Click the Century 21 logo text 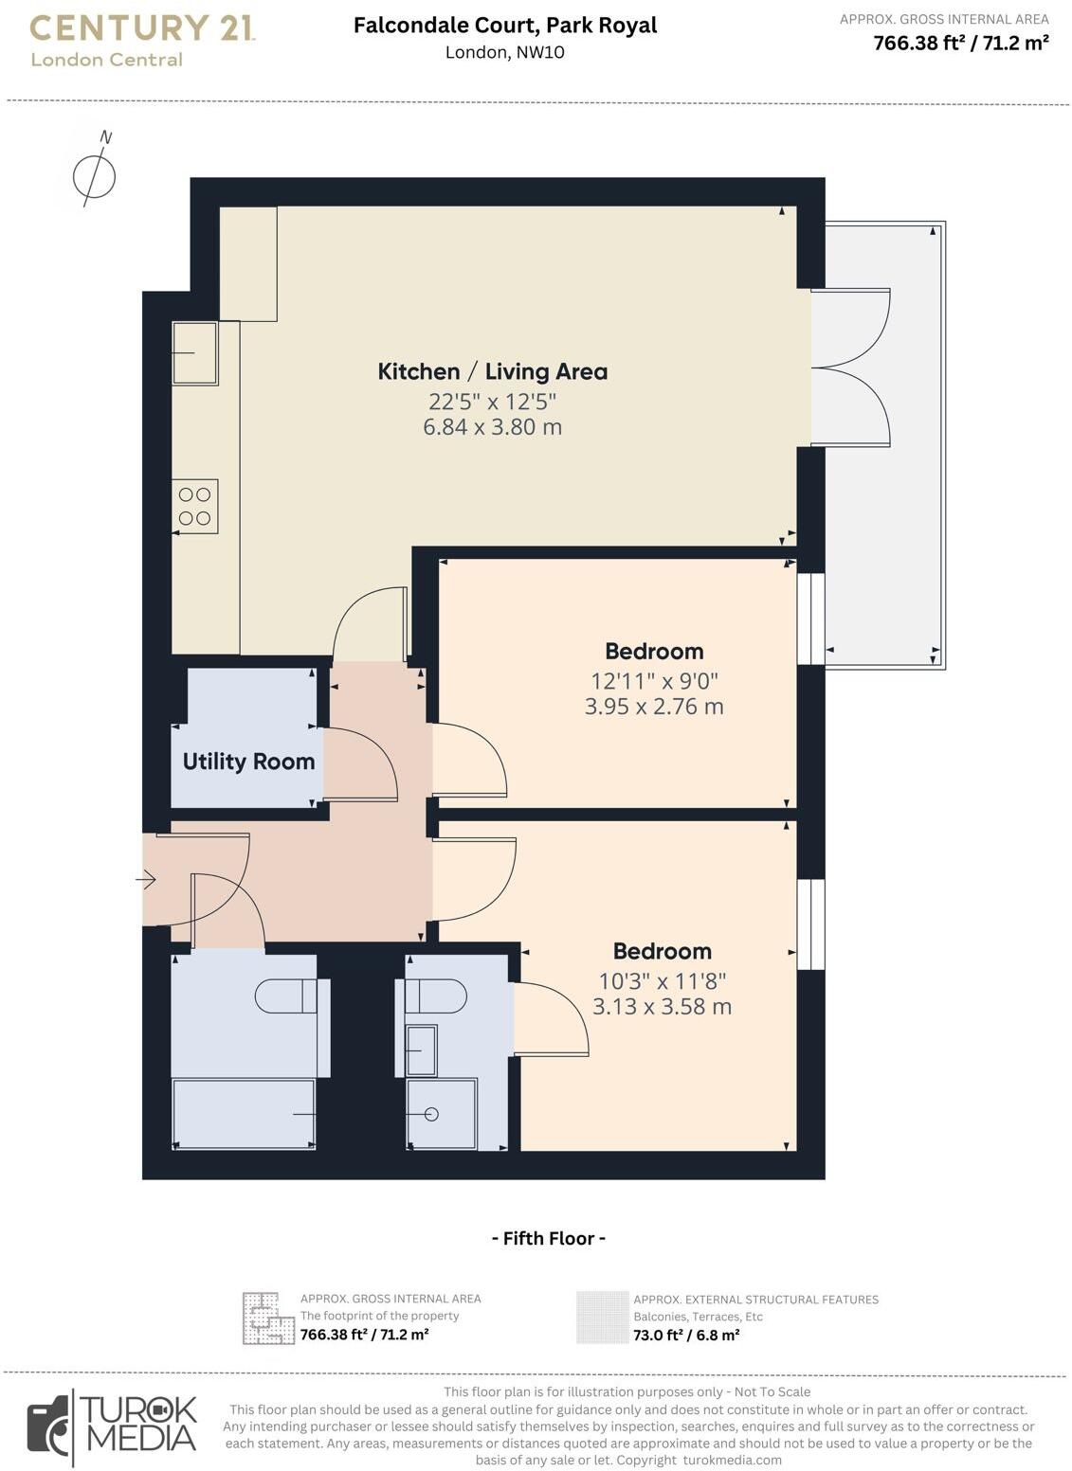pos(141,29)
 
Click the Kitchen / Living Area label pos(492,371)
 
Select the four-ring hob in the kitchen pos(195,506)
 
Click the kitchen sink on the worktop pos(195,352)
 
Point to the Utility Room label pos(248,762)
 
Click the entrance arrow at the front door pos(146,880)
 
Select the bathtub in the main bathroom pos(244,1114)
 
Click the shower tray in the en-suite pos(442,1114)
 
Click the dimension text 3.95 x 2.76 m pos(654,707)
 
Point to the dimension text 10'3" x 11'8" pos(662,980)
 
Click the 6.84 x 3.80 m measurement pos(492,427)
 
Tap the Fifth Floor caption pos(548,1238)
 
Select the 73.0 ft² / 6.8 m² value pos(686,1335)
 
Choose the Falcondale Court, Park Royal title pos(505,26)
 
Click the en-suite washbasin pos(421,1049)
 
